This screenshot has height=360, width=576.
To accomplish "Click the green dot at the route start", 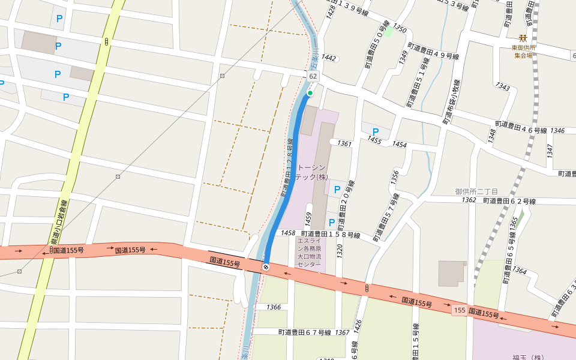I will pos(310,93).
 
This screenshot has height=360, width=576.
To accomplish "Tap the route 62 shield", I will pos(313,77).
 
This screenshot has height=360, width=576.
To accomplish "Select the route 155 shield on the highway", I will pos(460,310).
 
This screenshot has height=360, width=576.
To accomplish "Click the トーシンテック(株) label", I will pos(311,172).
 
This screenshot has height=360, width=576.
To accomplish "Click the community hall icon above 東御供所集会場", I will pos(523,38).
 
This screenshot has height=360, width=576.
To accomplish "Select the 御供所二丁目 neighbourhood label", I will pos(476,191).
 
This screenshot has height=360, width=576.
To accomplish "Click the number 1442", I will pos(328,58).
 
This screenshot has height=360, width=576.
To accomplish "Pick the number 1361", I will pos(344,143).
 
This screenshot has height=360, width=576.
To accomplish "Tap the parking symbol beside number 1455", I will pos(376,132).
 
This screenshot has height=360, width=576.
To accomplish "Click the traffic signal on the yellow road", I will pos(106,41).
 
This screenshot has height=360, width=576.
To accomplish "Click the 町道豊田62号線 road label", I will pos(509,201).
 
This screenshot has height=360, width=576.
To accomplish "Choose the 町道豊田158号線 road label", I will pos(330,234).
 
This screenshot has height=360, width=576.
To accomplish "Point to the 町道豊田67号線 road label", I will pos(305,332).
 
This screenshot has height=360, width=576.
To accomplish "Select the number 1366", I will pos(273,307).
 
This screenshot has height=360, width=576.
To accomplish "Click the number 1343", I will pos(503,87).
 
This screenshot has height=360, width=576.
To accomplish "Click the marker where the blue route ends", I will pos(265,266).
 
